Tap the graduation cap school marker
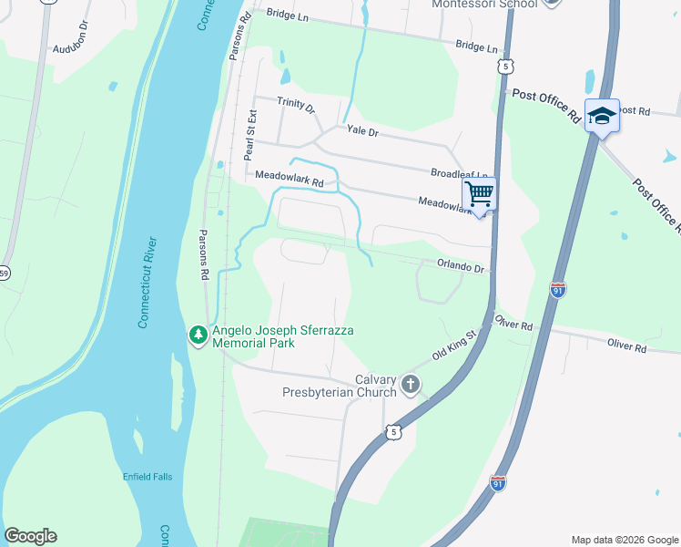[x=602, y=116]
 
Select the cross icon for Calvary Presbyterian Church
[x=410, y=385]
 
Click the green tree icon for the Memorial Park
[x=198, y=336]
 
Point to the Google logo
[x=30, y=536]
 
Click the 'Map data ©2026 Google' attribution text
[x=624, y=540]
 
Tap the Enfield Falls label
[x=147, y=476]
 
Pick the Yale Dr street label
[x=361, y=131]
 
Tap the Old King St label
[x=454, y=346]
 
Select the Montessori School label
[x=483, y=5]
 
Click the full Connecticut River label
[x=146, y=283]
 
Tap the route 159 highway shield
[x=4, y=273]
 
